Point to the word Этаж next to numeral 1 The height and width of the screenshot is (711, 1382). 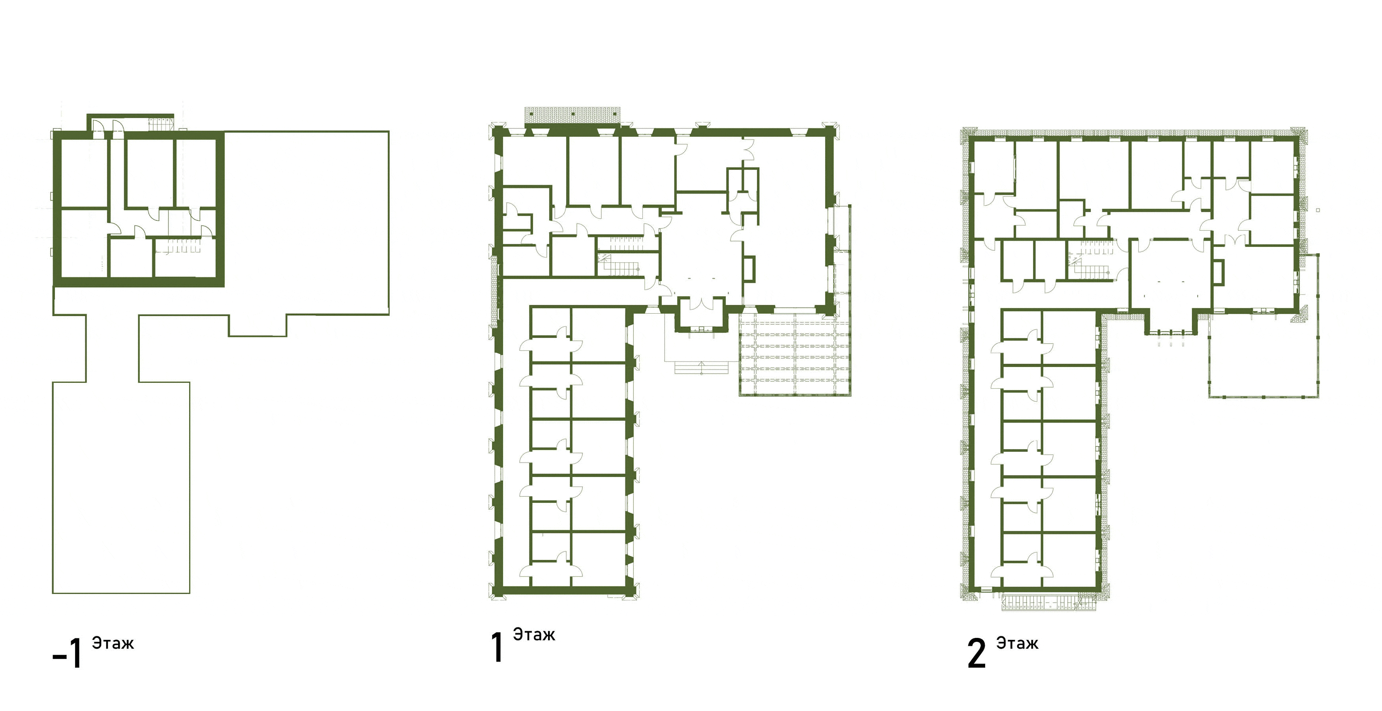click(534, 634)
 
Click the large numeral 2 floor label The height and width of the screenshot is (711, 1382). click(976, 653)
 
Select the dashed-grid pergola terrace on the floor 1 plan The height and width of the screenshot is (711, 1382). click(794, 354)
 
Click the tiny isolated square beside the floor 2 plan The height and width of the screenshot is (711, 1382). click(1318, 210)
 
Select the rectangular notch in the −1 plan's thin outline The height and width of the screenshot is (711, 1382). click(257, 326)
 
